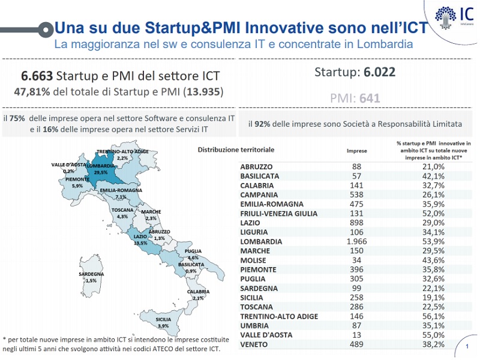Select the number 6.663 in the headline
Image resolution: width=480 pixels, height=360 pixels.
click(37, 76)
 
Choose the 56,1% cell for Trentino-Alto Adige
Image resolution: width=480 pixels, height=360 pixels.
click(433, 316)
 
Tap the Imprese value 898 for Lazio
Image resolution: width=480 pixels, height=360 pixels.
click(357, 223)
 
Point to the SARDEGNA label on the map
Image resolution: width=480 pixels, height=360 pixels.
click(91, 274)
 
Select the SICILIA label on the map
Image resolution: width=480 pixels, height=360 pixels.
click(163, 320)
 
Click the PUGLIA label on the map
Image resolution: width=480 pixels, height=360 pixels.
click(193, 251)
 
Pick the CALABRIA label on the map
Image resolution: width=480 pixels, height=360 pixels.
click(198, 292)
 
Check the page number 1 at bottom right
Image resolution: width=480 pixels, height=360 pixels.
click(467, 346)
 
